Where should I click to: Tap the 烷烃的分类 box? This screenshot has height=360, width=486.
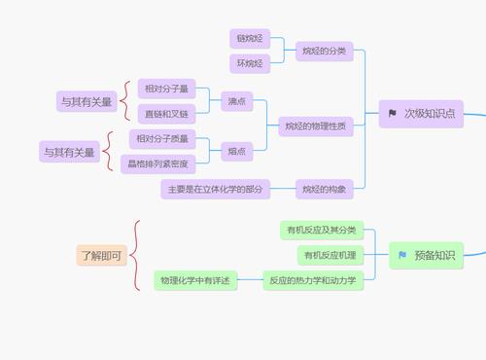(x=324, y=51)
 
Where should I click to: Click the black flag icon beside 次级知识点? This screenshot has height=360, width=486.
(x=392, y=113)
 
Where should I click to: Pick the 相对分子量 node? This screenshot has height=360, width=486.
(x=165, y=89)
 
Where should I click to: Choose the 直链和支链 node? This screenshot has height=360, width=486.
(x=165, y=112)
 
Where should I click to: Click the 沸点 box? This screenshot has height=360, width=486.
(x=237, y=100)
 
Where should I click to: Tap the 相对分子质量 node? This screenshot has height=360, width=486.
(x=162, y=138)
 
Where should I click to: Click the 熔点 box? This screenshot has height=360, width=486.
(x=237, y=150)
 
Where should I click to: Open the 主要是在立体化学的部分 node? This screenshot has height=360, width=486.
(x=215, y=189)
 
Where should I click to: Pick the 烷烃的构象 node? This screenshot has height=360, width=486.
(x=324, y=189)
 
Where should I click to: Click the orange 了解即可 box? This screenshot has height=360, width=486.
(x=101, y=255)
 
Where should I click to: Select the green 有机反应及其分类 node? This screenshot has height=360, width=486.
(x=320, y=231)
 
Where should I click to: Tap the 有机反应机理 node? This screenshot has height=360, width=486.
(x=330, y=255)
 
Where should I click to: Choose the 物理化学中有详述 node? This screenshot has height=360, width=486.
(x=196, y=280)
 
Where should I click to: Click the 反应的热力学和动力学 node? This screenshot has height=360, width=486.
(x=313, y=280)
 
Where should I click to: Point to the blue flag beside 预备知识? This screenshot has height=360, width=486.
(x=401, y=255)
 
